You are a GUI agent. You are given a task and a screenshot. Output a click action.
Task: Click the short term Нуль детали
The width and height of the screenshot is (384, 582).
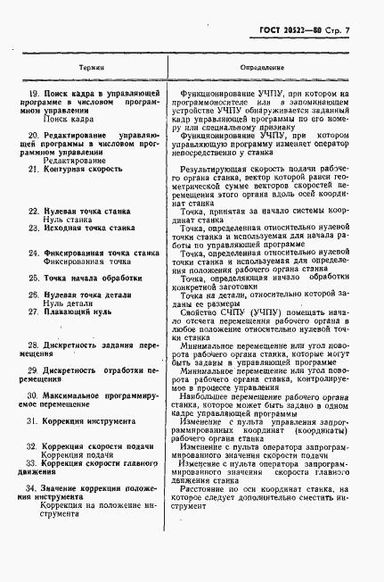(x=67, y=303)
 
